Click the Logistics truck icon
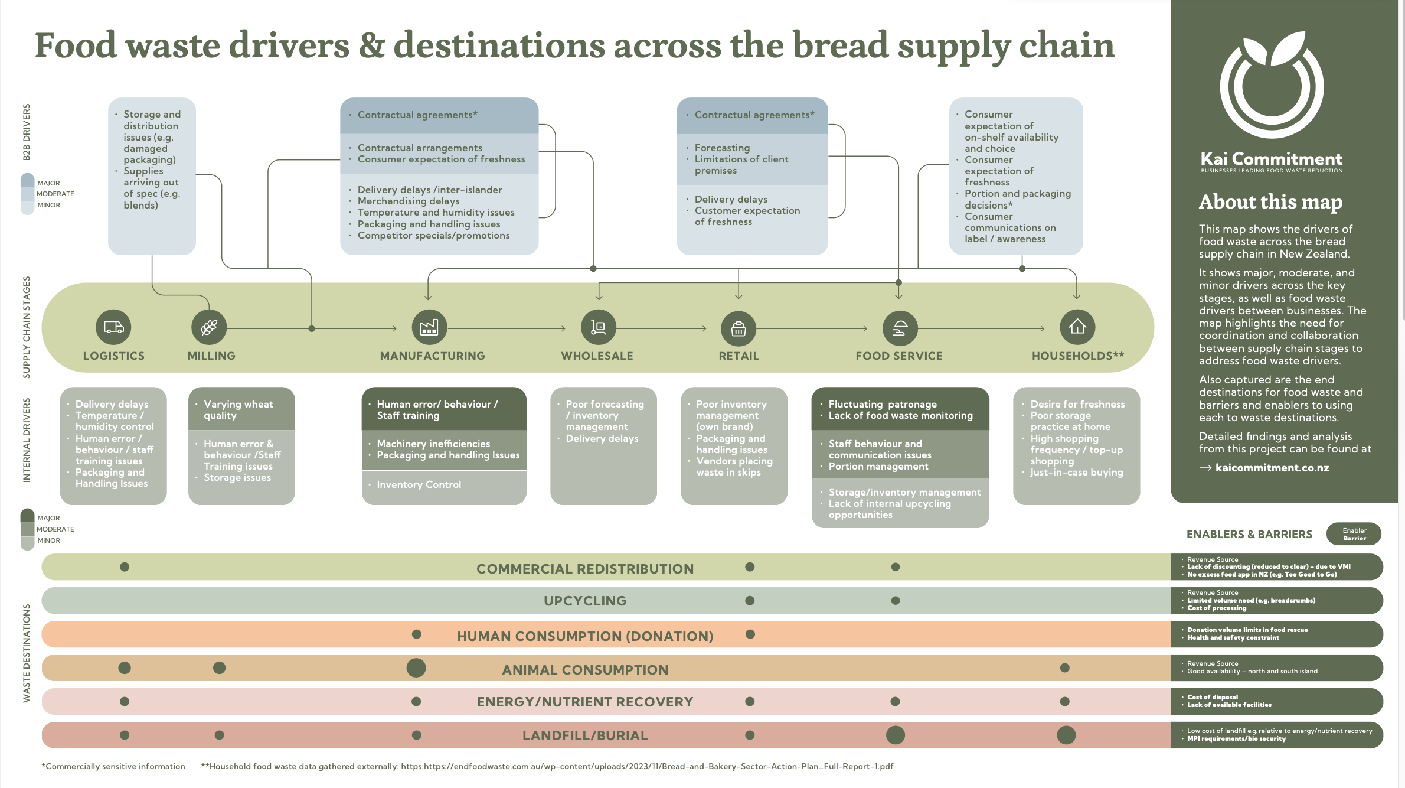[113, 327]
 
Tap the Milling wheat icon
[209, 327]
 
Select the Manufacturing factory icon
[429, 327]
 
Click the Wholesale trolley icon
[599, 327]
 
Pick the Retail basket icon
[739, 328]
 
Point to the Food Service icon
[900, 328]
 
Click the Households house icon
[1077, 327]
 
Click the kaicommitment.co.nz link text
[1272, 468]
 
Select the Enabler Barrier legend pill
[1354, 534]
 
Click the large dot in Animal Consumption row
[416, 668]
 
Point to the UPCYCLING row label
[585, 601]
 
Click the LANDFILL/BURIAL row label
[585, 735]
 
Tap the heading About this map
[1270, 202]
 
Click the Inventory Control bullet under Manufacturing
[419, 485]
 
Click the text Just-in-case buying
[1076, 473]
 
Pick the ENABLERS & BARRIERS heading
[1249, 535]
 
